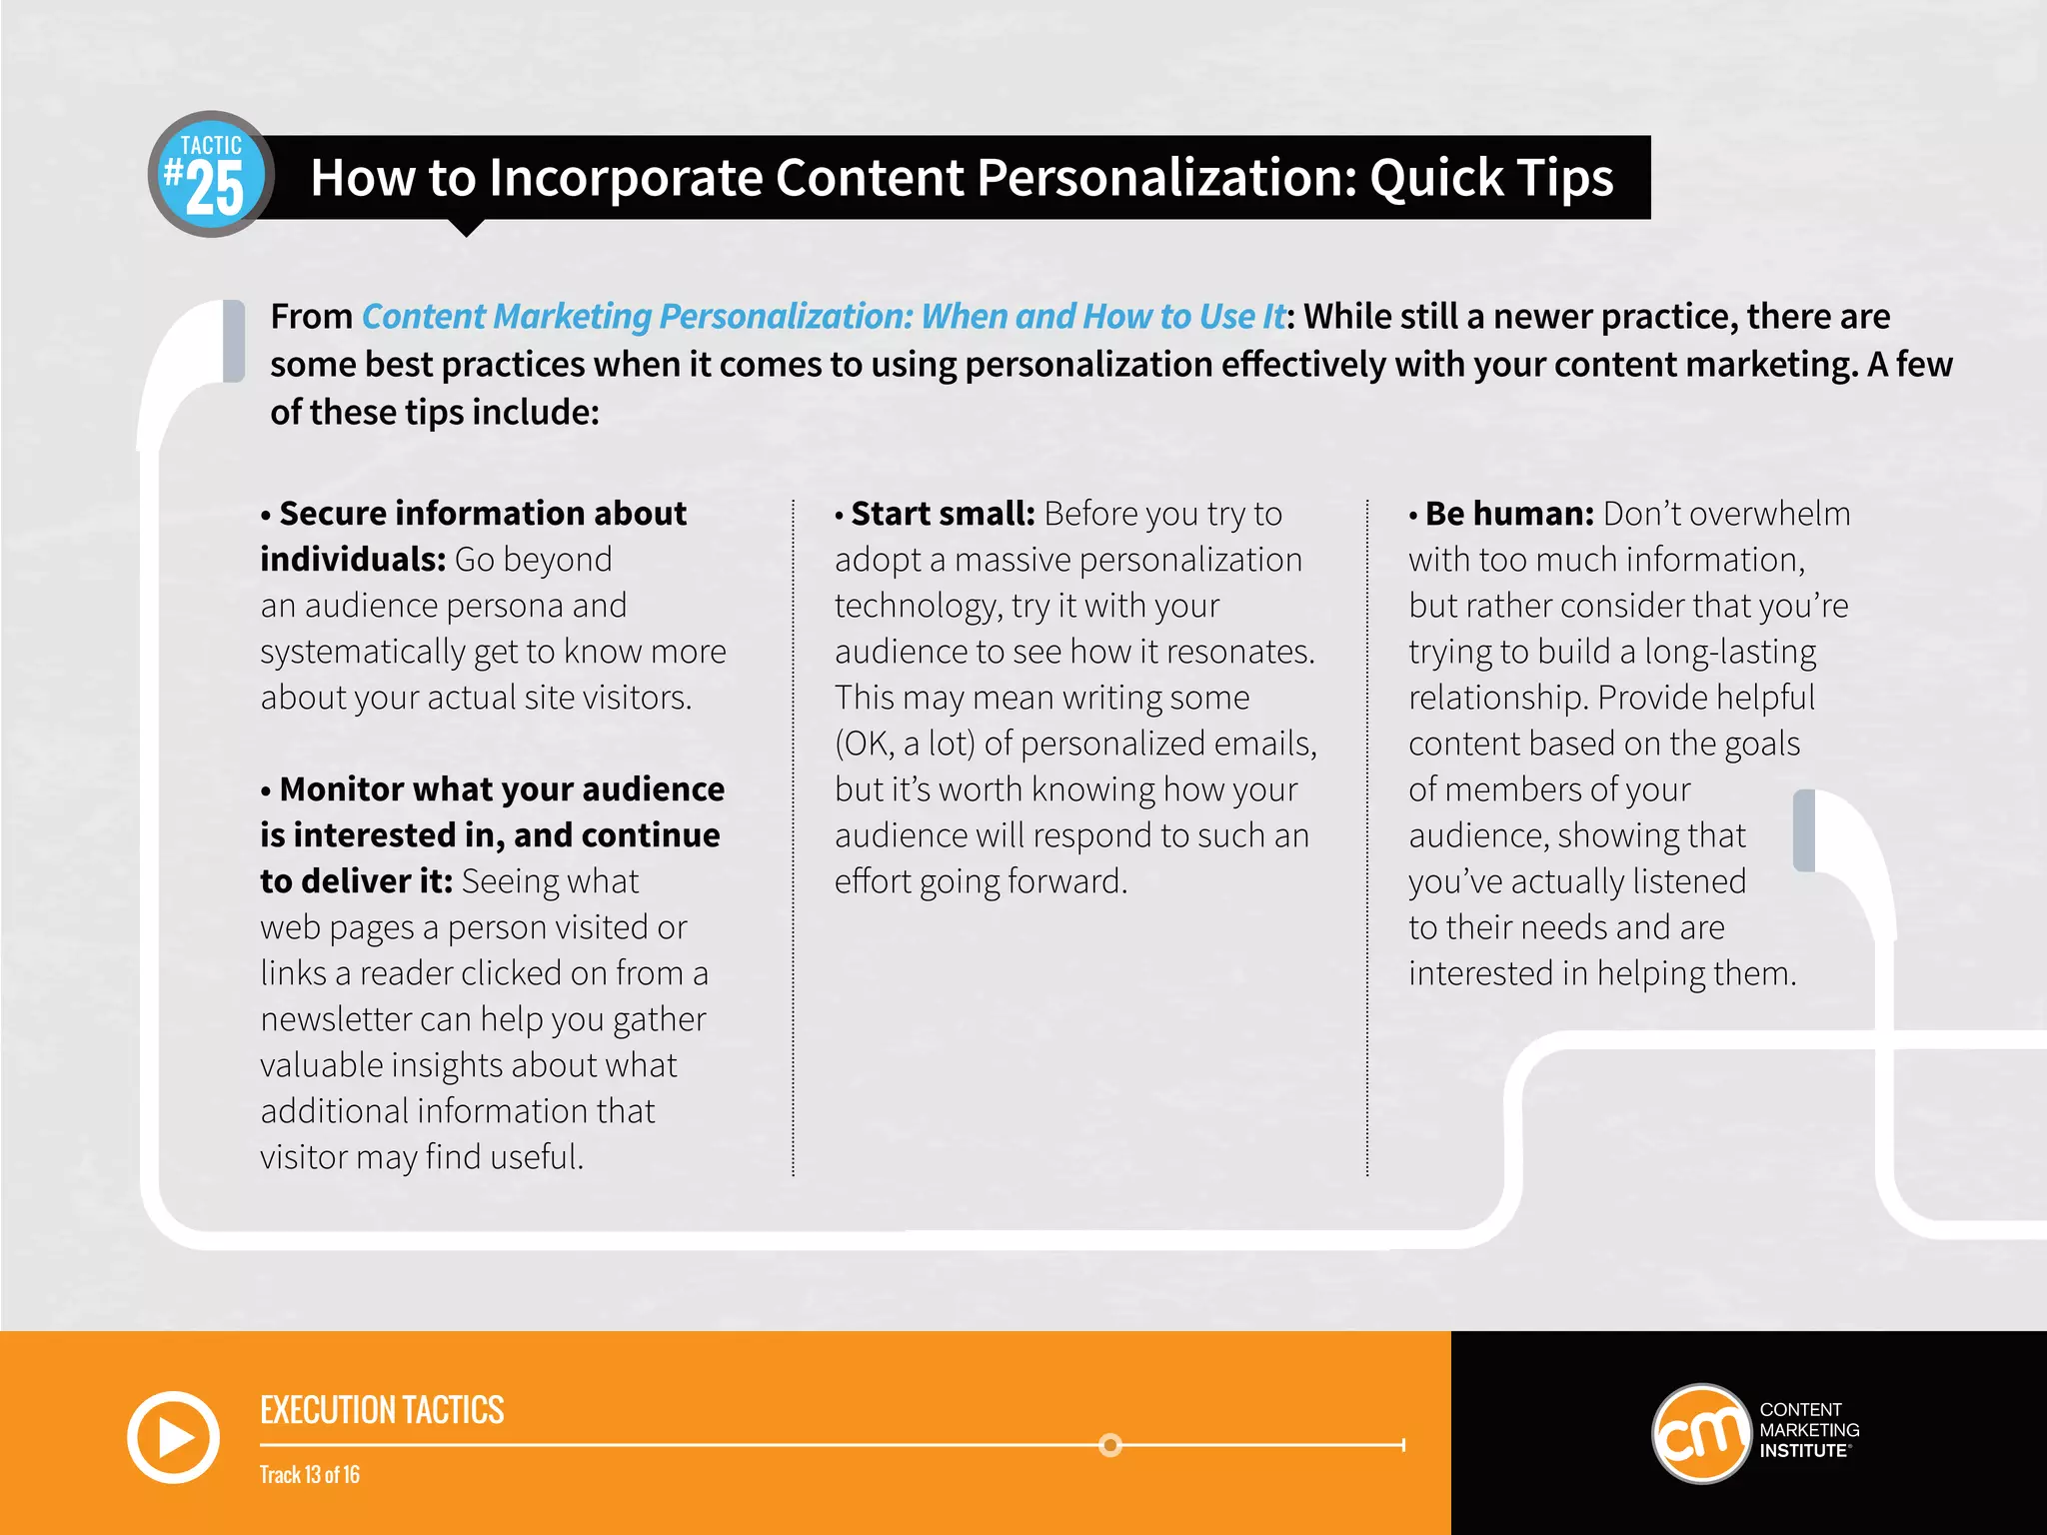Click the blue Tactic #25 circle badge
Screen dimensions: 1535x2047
pyautogui.click(x=211, y=175)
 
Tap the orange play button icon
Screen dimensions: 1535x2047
pyautogui.click(x=173, y=1437)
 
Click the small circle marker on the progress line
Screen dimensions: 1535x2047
pyautogui.click(x=1109, y=1445)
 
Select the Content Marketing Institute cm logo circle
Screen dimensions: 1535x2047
pyautogui.click(x=1701, y=1434)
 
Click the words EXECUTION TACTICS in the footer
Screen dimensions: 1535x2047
pyautogui.click(x=382, y=1410)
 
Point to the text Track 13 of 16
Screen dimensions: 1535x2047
pyautogui.click(x=310, y=1475)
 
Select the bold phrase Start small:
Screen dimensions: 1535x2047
pyautogui.click(x=943, y=514)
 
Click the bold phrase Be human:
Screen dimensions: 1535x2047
pyautogui.click(x=1508, y=514)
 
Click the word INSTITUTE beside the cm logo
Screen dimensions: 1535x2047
pyautogui.click(x=1803, y=1451)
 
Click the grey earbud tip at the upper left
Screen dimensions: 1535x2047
pyautogui.click(x=234, y=341)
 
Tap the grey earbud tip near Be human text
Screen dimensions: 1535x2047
pyautogui.click(x=1804, y=830)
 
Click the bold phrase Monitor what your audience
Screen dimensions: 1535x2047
pyautogui.click(x=502, y=789)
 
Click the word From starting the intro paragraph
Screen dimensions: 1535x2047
pyautogui.click(x=311, y=317)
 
